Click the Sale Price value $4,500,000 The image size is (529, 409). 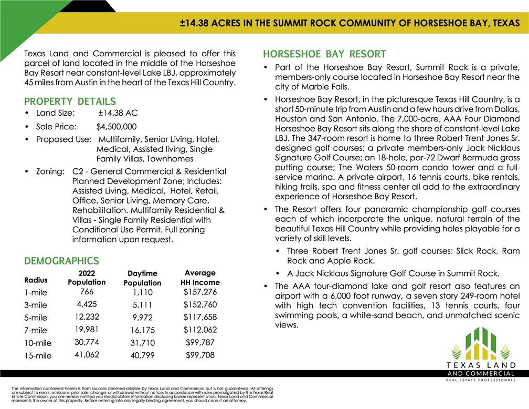pos(117,127)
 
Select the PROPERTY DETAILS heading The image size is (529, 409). pos(70,101)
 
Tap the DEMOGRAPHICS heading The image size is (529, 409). pos(61,261)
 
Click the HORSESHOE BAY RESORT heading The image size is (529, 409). pos(324,54)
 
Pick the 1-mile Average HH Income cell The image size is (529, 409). pos(200,292)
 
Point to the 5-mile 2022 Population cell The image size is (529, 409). pos(87,317)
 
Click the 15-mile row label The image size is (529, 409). pos(38,356)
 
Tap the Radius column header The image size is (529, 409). pos(36,280)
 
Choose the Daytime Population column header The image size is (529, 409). pos(142,278)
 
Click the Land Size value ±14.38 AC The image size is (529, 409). pos(118,113)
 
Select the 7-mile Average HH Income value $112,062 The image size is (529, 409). pos(200,330)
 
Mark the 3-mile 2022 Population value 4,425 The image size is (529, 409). pos(87,304)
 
